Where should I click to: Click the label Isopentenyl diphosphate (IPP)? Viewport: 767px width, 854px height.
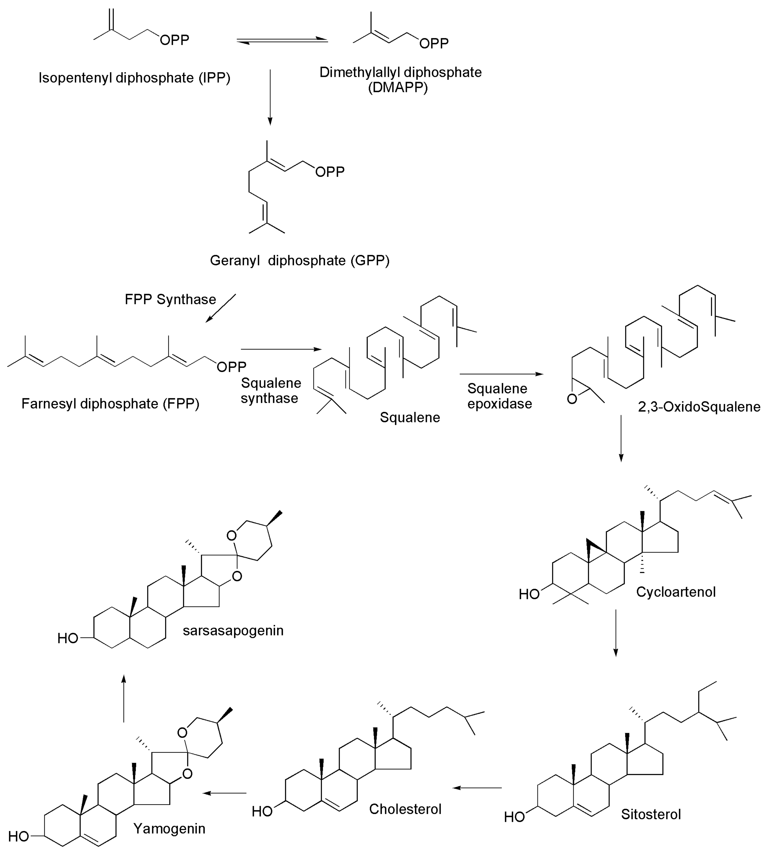click(135, 78)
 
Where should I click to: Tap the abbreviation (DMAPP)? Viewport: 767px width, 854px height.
click(398, 88)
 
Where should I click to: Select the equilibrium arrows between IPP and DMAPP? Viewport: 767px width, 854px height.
click(282, 40)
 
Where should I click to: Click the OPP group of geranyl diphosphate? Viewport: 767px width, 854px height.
click(330, 172)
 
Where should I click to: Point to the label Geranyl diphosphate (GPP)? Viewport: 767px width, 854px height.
click(300, 260)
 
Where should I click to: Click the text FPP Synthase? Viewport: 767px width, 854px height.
click(170, 299)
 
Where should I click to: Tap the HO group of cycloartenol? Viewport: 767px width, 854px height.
click(529, 594)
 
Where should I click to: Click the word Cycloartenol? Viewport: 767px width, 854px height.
click(675, 592)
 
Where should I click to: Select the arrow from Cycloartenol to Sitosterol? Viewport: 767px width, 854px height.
click(616, 632)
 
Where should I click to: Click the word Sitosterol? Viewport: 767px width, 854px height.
click(651, 814)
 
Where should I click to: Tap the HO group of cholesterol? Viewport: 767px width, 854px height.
click(262, 811)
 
